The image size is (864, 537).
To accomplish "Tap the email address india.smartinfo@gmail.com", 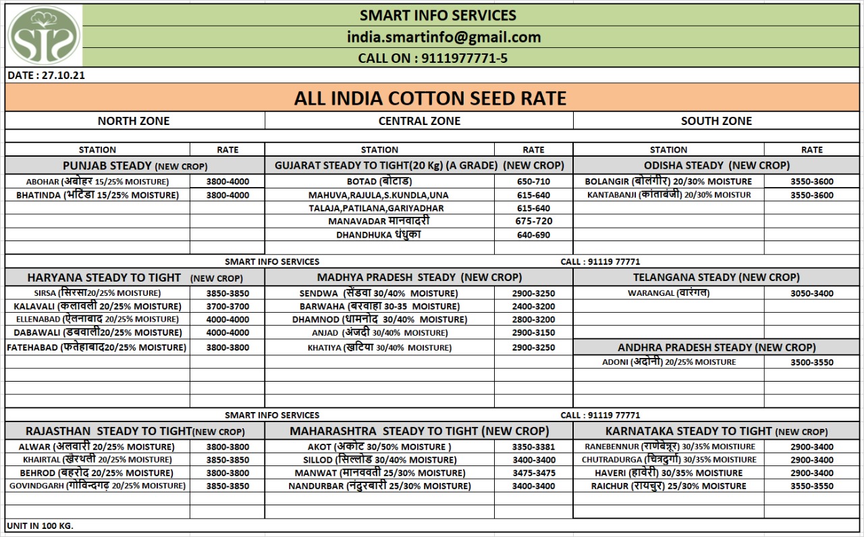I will tap(443, 37).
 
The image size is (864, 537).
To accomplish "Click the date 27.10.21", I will tap(46, 76).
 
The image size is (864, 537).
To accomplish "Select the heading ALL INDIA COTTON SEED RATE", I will tap(430, 99).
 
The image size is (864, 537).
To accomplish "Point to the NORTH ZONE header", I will tap(134, 121).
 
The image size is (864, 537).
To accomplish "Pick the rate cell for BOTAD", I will tap(533, 182).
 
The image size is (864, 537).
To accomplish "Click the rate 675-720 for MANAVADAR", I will tap(533, 222).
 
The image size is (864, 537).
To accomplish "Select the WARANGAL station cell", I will tap(668, 293).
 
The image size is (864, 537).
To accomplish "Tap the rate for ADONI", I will tap(811, 362).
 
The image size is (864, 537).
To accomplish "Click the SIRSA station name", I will tap(97, 293).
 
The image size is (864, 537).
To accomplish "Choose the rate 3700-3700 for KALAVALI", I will tap(227, 307).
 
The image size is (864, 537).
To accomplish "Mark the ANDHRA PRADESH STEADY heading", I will tap(716, 347).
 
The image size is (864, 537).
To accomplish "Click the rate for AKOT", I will tap(533, 446).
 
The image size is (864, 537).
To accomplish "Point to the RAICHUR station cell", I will tap(668, 486).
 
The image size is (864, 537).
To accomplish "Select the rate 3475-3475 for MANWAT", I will tap(533, 473).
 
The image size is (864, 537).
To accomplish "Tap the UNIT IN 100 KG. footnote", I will tap(40, 526).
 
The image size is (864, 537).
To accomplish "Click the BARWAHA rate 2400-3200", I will tap(533, 307).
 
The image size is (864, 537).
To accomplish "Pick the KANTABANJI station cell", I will tap(668, 195).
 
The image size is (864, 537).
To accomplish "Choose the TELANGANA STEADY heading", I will tap(716, 277).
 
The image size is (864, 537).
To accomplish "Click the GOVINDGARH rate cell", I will tap(227, 486).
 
